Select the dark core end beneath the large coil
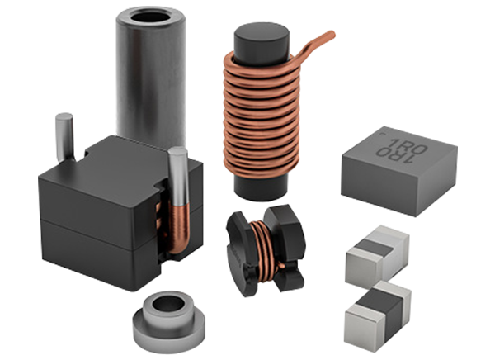tap(258, 186)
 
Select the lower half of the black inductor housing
tap(99, 252)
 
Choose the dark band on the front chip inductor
tap(386, 306)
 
